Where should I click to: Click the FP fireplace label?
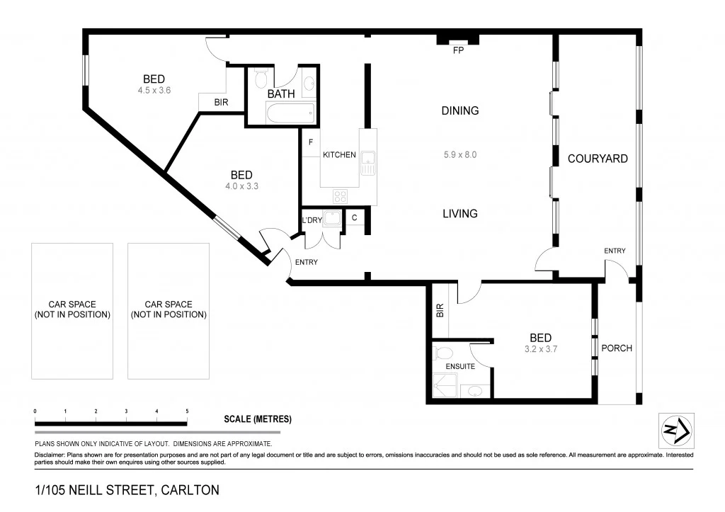click(459, 51)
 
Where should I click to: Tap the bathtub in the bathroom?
click(290, 113)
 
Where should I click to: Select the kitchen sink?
click(368, 163)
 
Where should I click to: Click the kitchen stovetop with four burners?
click(340, 197)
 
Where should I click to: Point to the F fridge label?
click(310, 142)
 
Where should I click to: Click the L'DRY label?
click(312, 220)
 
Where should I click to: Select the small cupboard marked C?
click(354, 218)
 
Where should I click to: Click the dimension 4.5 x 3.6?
click(154, 91)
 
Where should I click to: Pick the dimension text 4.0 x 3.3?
click(241, 187)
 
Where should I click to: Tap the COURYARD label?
click(598, 159)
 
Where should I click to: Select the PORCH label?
click(616, 348)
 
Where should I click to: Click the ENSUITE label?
click(460, 367)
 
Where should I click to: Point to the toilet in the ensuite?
click(444, 352)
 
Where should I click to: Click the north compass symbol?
click(676, 431)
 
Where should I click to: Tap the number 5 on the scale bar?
click(187, 411)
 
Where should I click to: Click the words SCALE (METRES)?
click(258, 419)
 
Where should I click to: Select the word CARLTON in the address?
click(190, 490)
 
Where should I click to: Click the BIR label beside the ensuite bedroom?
click(439, 309)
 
